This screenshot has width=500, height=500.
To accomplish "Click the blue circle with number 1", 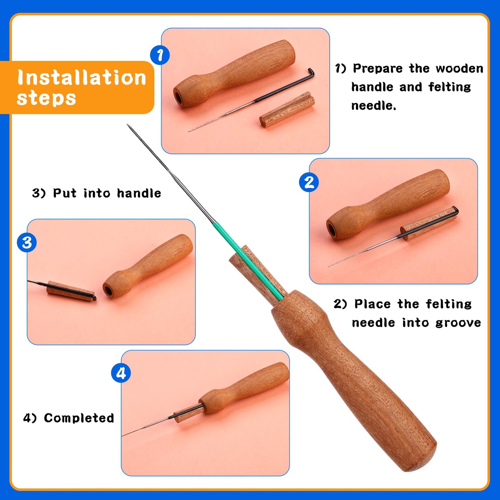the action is (x=160, y=55).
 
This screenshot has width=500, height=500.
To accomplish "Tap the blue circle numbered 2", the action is (x=309, y=182).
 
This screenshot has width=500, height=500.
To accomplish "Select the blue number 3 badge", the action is (x=27, y=243).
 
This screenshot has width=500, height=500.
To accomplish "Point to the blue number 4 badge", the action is (x=121, y=373).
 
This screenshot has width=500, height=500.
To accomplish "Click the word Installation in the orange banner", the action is (x=82, y=77).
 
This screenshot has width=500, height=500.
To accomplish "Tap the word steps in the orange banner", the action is (x=47, y=98).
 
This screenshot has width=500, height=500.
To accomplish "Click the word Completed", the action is (x=79, y=418).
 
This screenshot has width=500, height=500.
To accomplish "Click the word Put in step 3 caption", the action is (x=65, y=193).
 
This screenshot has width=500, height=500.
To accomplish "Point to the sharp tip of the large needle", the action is (x=127, y=125).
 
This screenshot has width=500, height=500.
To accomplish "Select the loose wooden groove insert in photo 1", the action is (x=287, y=110).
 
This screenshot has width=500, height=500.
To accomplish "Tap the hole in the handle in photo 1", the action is (x=178, y=98).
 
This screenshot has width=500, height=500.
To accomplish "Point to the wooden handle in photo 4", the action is (x=244, y=388).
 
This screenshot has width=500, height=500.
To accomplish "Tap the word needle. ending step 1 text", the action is (x=374, y=106).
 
